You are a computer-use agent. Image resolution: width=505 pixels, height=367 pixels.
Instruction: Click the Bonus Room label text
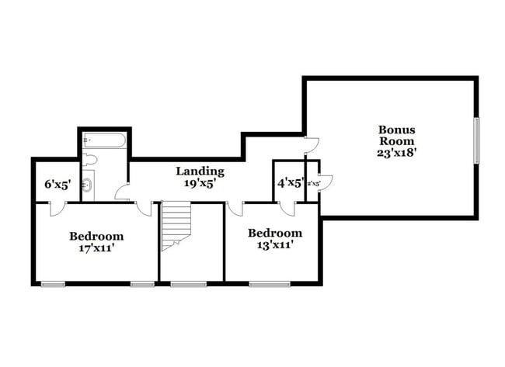point(397,135)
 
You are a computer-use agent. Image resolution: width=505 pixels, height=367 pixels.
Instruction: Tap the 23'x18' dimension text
point(397,153)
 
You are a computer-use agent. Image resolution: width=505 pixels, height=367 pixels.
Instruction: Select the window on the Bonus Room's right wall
point(477,140)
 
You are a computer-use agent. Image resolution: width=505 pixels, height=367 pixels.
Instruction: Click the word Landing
point(200,171)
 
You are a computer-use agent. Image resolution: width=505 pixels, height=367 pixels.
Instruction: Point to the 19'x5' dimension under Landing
point(200,184)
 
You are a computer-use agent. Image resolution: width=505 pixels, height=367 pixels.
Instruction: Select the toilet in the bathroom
point(89,160)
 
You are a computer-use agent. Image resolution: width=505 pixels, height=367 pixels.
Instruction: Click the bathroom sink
point(88,185)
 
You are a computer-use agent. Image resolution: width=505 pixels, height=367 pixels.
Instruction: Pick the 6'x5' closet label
point(57,185)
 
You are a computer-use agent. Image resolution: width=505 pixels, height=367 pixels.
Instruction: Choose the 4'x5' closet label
point(291,184)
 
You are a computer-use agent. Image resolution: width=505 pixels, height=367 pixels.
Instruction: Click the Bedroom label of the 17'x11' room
point(96,236)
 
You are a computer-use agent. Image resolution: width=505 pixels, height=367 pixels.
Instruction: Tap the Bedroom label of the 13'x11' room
point(274,233)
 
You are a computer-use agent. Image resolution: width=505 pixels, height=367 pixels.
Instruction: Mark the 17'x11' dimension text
point(96,248)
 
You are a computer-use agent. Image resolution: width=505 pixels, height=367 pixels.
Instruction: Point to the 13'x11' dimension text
point(274,245)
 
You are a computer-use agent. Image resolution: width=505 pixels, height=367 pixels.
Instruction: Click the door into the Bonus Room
point(311,144)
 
